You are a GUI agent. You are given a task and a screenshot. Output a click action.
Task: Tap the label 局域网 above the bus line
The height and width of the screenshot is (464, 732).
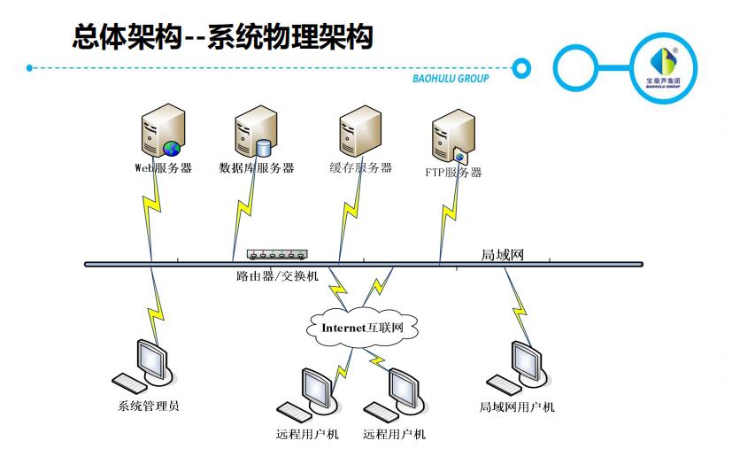point(503,254)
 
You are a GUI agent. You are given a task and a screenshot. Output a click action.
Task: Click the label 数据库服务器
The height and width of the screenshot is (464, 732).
point(256,167)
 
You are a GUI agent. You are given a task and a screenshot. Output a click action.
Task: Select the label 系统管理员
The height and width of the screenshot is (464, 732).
point(149,407)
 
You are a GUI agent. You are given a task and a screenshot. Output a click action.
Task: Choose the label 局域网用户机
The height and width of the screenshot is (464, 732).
point(517,407)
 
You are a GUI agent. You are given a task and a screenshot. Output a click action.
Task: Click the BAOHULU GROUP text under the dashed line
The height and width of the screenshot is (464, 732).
point(451,78)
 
